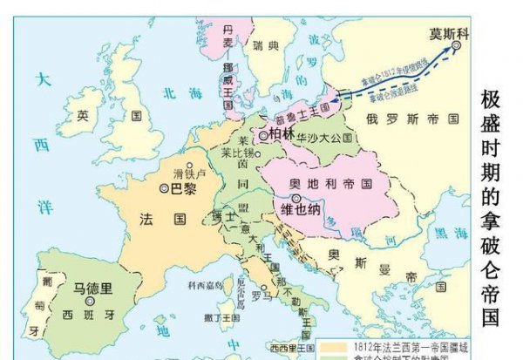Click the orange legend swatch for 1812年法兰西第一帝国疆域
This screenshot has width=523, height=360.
pyautogui.click(x=329, y=346)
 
